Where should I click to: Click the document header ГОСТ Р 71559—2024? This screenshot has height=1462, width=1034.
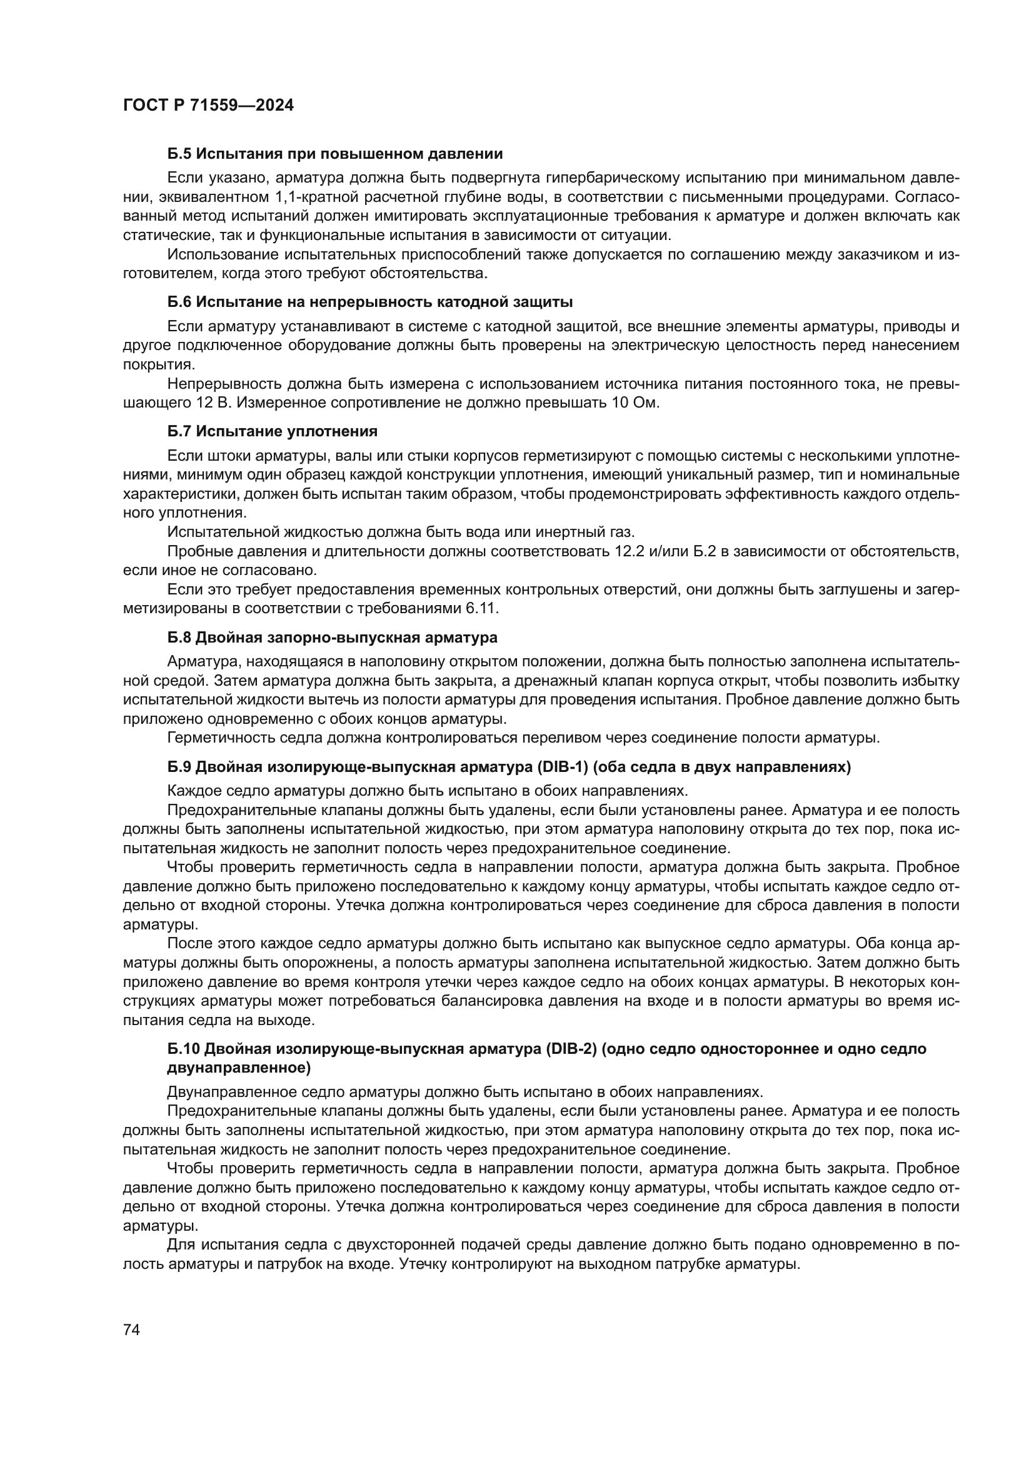[x=208, y=106]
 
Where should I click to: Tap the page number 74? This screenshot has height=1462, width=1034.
[x=131, y=1329]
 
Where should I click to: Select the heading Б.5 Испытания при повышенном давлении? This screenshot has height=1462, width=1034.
[x=335, y=154]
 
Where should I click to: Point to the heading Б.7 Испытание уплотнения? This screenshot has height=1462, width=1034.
[x=273, y=431]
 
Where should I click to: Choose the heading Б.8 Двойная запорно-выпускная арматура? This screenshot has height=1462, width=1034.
[x=333, y=638]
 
